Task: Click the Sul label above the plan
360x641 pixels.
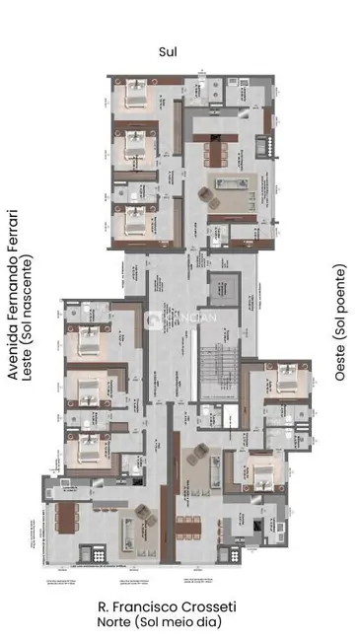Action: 180,51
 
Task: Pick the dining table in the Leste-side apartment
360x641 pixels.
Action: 66,517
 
